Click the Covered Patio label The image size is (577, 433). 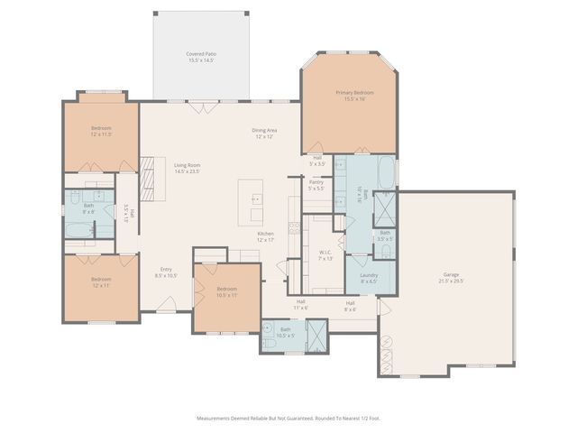[201, 54]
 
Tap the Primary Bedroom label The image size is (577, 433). [354, 93]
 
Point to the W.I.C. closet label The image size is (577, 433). [325, 253]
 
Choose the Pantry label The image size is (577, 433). [316, 182]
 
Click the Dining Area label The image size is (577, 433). [264, 131]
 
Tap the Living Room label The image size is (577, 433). [187, 165]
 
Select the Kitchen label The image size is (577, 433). [265, 234]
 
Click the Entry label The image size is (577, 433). [167, 269]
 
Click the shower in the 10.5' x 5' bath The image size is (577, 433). [318, 336]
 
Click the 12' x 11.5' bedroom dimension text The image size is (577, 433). [101, 134]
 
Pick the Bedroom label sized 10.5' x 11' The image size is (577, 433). [227, 289]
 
